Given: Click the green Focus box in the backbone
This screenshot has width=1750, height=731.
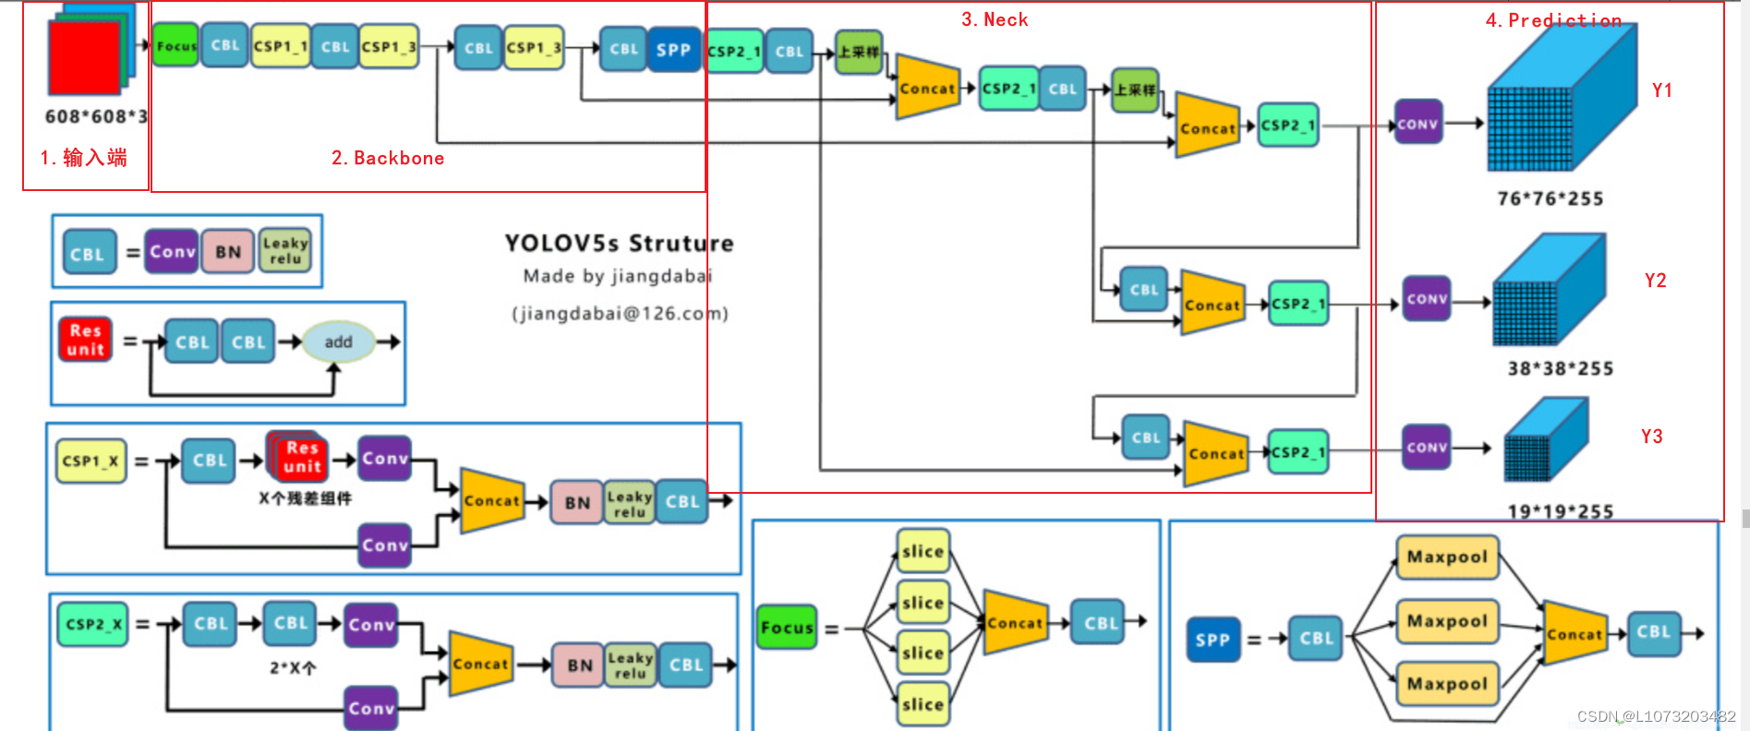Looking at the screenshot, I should point(175,45).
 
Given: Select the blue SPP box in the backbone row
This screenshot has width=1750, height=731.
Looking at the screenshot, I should point(673,50).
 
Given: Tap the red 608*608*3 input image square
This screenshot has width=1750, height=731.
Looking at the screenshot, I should point(84,58).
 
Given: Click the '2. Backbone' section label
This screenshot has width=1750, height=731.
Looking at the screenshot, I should point(388,158).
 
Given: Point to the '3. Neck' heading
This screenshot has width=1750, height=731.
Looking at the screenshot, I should point(995,19).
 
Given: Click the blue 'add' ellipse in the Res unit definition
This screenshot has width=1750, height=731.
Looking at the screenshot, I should point(338,342).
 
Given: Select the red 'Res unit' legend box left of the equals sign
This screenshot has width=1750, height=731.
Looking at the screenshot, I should point(85,340).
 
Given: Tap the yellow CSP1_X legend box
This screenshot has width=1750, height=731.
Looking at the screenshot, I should point(91,461).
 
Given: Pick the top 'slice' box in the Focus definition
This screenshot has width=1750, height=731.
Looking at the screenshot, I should point(923,551).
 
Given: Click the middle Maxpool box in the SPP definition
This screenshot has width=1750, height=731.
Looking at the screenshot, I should point(1447,620).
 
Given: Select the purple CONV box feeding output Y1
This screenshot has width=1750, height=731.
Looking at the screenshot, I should point(1418,123).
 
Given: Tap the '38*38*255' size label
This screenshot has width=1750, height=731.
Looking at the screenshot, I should point(1560,368).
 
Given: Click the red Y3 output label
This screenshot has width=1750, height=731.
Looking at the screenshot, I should point(1651,436).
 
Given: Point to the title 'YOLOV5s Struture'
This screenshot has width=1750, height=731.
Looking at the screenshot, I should point(619,244).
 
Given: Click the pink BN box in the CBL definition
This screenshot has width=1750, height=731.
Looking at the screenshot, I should point(228,251).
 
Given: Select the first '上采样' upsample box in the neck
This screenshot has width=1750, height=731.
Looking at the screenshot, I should point(858,52).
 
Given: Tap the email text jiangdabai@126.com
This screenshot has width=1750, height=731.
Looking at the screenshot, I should point(620,314).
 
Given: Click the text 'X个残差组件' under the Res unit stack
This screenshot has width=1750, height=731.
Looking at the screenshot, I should point(305,498).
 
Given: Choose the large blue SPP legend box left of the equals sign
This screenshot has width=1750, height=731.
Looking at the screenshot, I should point(1213,640).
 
